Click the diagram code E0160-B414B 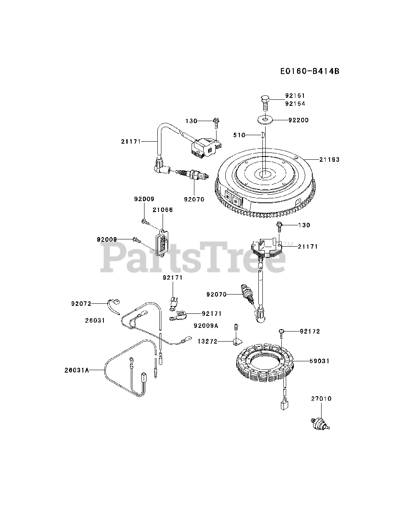pyautogui.click(x=310, y=71)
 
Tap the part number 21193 pyautogui.click(x=330, y=160)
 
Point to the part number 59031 pyautogui.click(x=320, y=361)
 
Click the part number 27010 pyautogui.click(x=321, y=399)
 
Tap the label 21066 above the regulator pyautogui.click(x=163, y=210)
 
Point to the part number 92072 pyautogui.click(x=82, y=304)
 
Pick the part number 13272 pyautogui.click(x=207, y=342)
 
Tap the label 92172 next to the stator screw pyautogui.click(x=310, y=332)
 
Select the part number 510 pyautogui.click(x=239, y=135)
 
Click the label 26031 pyautogui.click(x=95, y=320)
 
